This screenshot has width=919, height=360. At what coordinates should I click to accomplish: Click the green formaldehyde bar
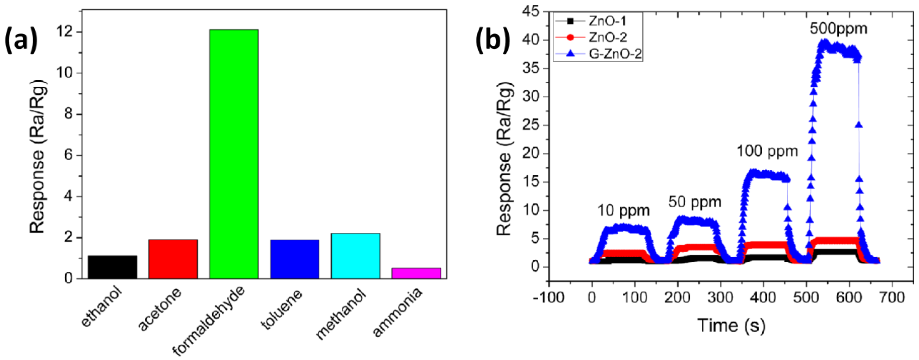(x=234, y=153)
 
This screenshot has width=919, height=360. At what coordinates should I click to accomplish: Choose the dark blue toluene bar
(x=294, y=259)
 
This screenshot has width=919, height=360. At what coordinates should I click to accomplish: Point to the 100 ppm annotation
(x=767, y=152)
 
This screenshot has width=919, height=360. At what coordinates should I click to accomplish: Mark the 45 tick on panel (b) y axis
(x=531, y=12)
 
